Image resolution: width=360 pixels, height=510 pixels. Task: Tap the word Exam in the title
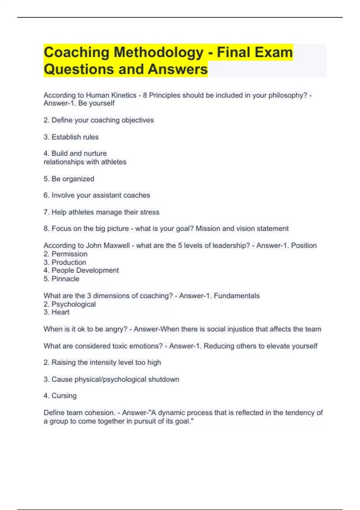(275, 52)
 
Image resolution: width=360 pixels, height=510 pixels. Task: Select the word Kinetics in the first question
(124, 95)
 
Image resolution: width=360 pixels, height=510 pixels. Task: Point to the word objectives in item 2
(138, 120)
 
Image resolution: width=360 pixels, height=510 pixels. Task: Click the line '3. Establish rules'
(71, 137)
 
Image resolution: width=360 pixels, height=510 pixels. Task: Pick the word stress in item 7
(149, 212)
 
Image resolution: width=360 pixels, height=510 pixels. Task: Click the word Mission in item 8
(208, 229)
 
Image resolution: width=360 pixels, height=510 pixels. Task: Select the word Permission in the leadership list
(69, 254)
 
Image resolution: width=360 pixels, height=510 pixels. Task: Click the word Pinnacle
(65, 279)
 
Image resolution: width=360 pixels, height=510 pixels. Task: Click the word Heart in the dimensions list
(60, 312)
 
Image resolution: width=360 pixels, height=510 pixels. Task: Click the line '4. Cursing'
(60, 396)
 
